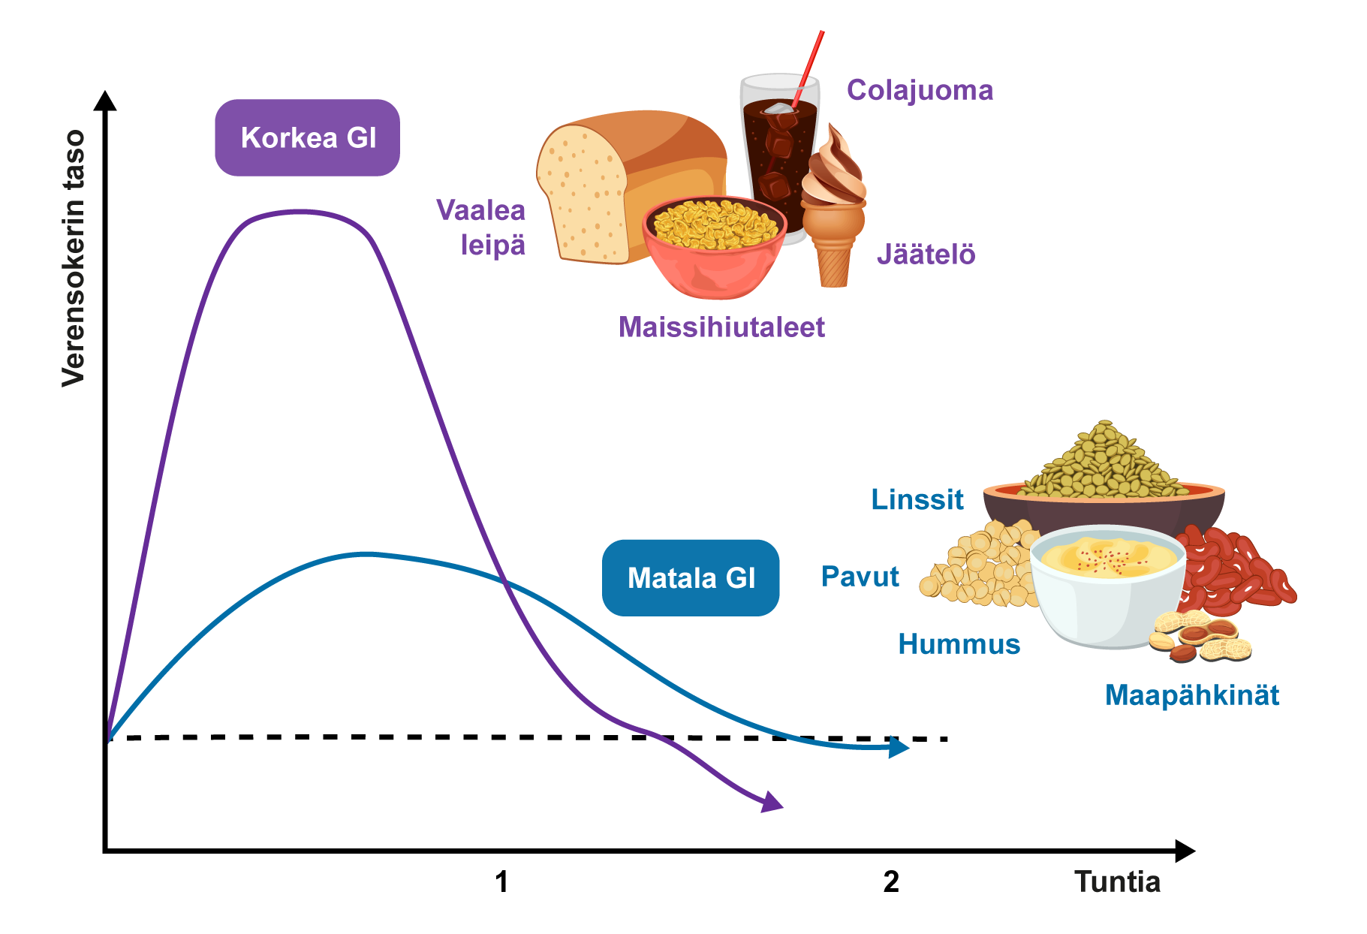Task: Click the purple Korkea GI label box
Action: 307,138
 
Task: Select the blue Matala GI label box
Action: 690,578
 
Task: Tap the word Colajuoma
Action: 920,90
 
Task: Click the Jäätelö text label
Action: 926,255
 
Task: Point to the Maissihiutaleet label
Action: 721,327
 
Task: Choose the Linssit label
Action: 917,499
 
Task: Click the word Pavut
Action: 860,577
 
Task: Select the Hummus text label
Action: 959,644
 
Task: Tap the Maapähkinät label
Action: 1191,695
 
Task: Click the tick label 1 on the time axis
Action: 501,881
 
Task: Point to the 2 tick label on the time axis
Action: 891,881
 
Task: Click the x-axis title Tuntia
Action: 1117,881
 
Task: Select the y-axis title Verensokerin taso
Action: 74,258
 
